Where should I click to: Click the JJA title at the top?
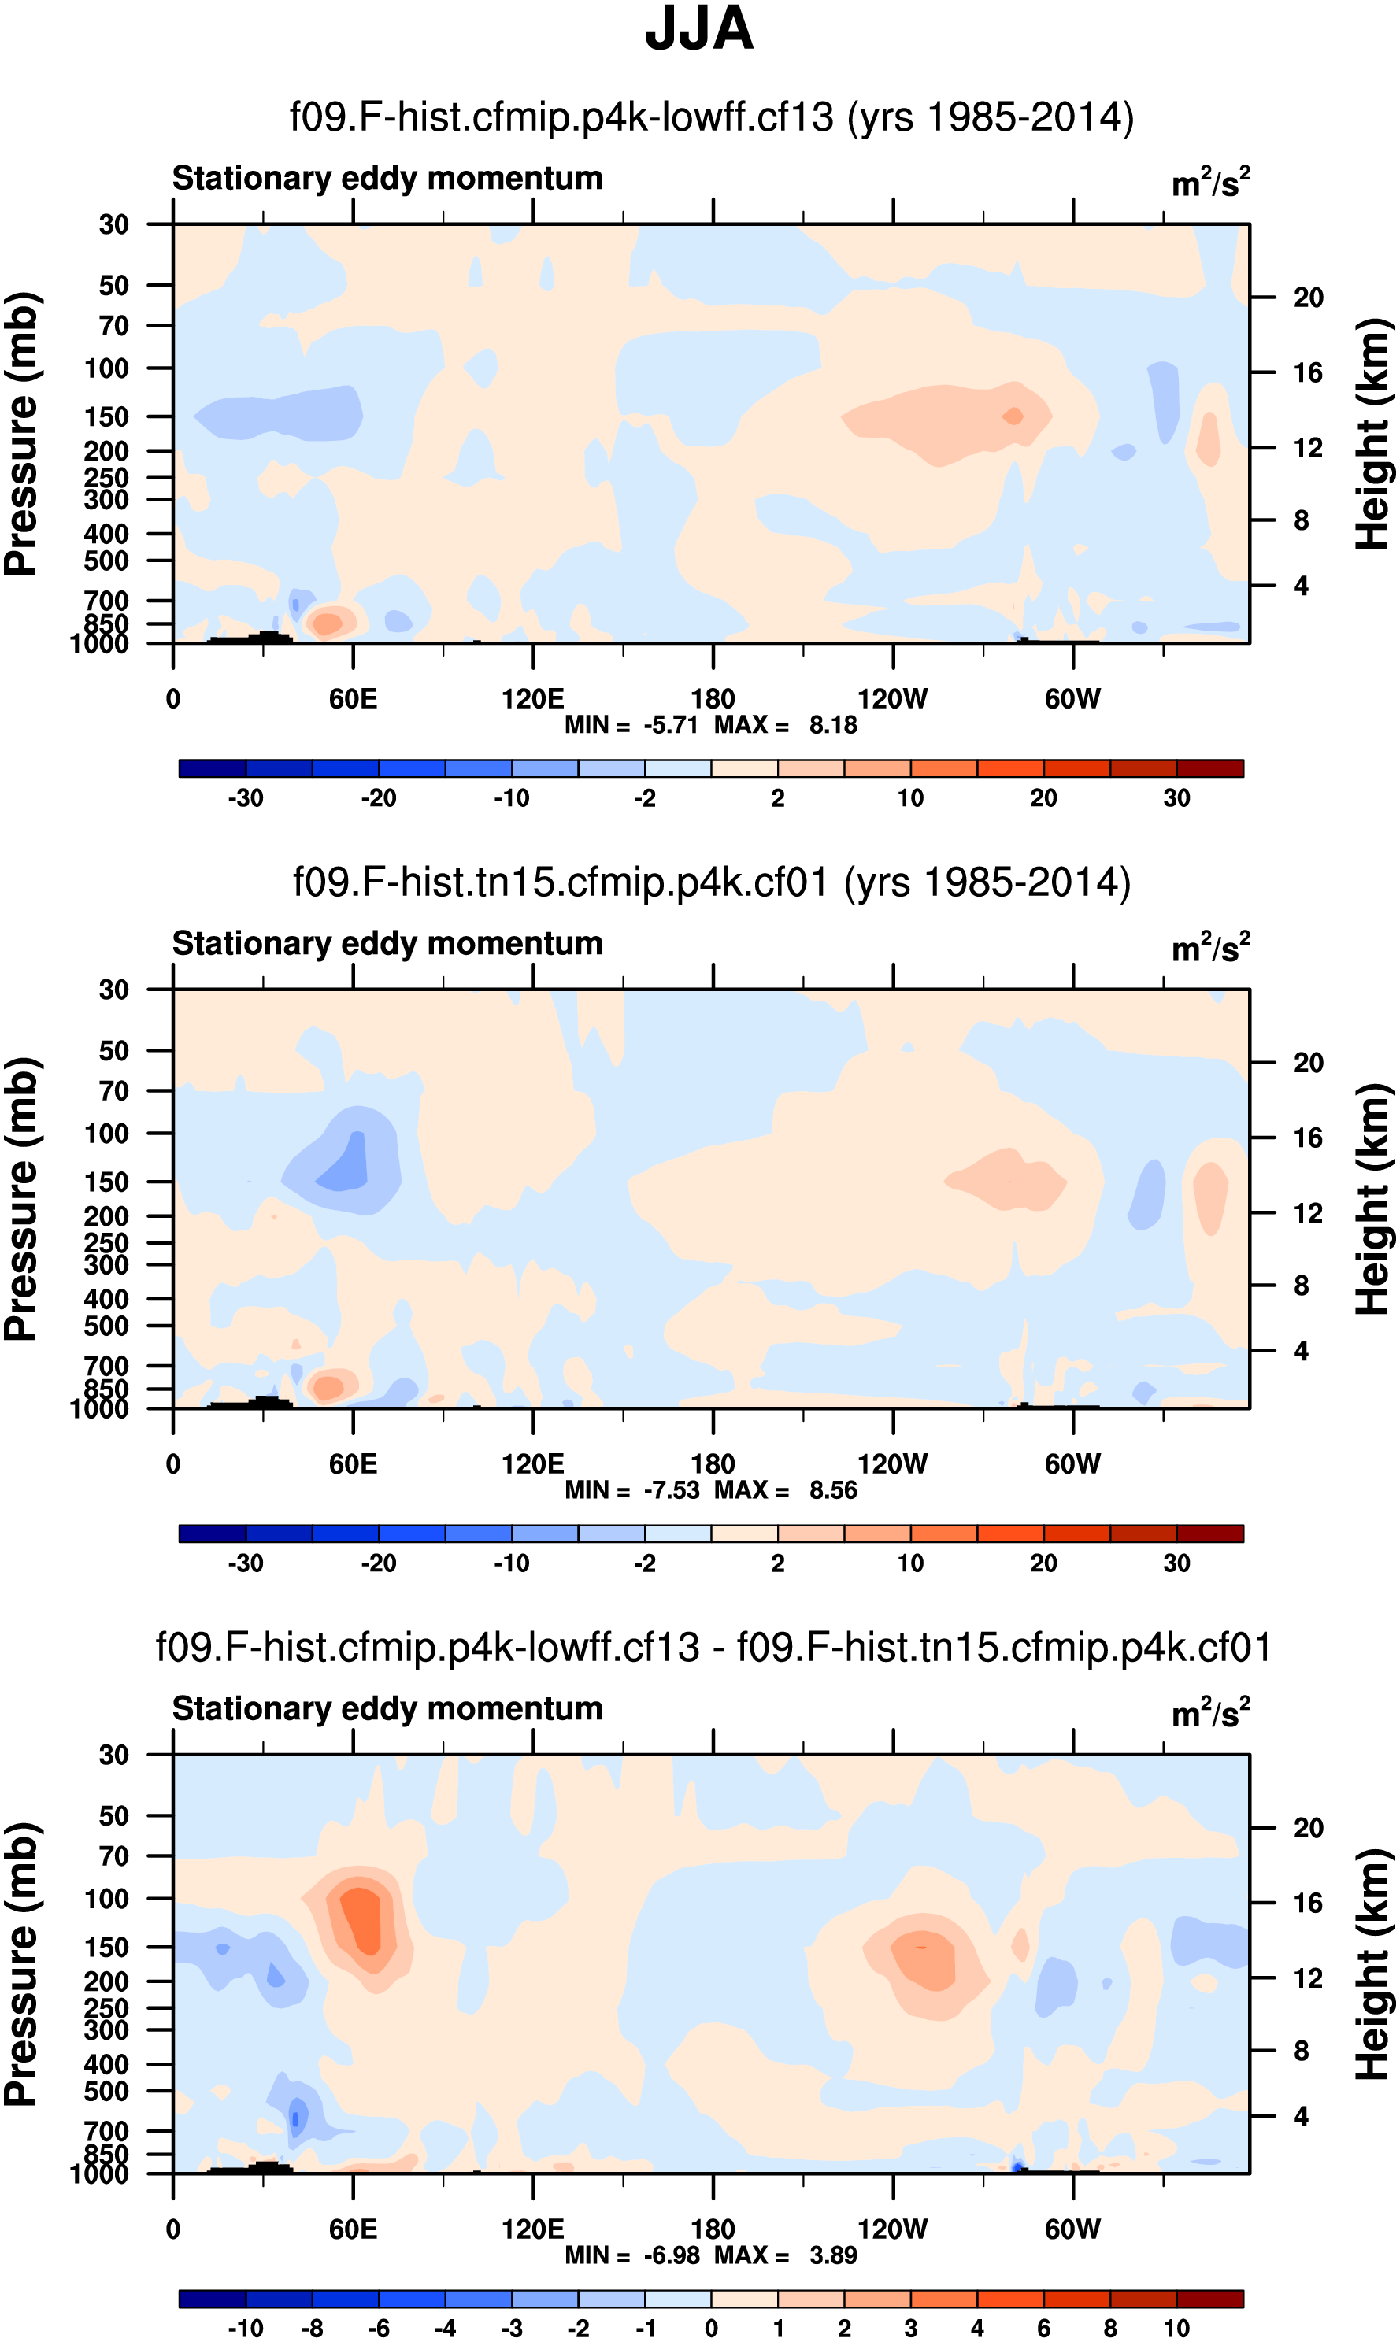[x=699, y=29]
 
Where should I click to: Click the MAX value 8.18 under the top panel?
[x=833, y=725]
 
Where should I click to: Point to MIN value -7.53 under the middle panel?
[x=671, y=1490]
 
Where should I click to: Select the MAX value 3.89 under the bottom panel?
[x=833, y=2255]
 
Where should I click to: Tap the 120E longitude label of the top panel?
[x=533, y=699]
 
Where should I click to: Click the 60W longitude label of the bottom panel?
[x=1072, y=2229]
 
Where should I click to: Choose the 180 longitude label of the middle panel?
[x=713, y=1464]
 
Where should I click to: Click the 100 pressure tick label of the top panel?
[x=106, y=368]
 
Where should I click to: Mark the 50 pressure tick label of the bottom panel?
[x=113, y=1815]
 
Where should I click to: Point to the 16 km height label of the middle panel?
[x=1308, y=1138]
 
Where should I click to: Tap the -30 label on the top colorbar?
[x=246, y=798]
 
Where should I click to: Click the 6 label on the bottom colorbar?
[x=1043, y=2328]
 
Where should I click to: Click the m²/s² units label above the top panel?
[x=1210, y=182]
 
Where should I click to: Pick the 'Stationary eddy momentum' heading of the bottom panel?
[x=387, y=1708]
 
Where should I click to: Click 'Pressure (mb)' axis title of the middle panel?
[x=20, y=1199]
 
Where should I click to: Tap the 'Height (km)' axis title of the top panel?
[x=1372, y=434]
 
